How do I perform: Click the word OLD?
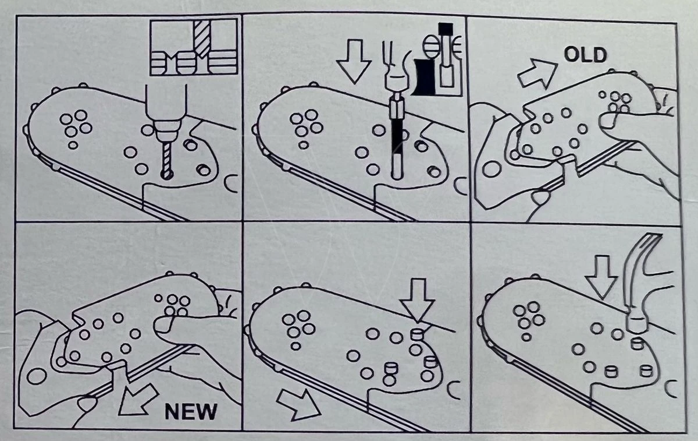point(585,55)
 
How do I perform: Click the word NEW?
point(191,411)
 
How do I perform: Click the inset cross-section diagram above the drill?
point(194,47)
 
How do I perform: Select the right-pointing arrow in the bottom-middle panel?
point(298,403)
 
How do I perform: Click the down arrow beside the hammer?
point(600,277)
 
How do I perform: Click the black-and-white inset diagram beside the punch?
point(437,58)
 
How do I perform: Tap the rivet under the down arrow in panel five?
point(416,334)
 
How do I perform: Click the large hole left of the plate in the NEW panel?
point(37,376)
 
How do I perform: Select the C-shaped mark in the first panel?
point(232,185)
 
